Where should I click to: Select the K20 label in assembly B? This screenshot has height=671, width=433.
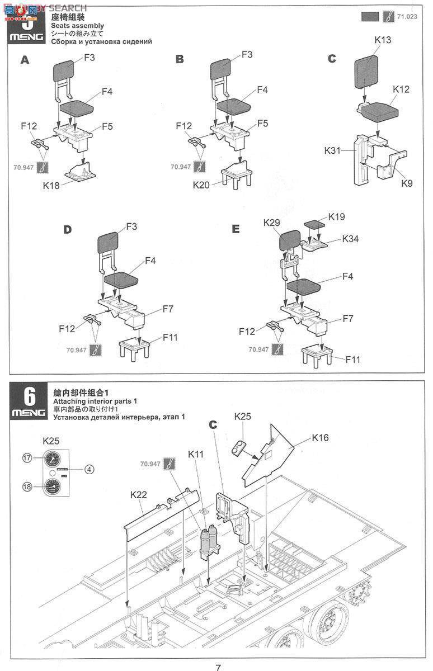(x=203, y=185)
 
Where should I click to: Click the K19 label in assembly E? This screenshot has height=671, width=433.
(x=337, y=216)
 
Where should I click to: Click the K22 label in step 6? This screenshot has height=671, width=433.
(x=138, y=494)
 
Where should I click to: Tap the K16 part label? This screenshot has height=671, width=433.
(x=321, y=437)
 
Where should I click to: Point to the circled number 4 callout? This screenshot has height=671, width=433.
(x=89, y=469)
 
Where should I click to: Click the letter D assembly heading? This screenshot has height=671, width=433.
(x=68, y=230)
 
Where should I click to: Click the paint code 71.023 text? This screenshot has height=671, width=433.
(x=408, y=17)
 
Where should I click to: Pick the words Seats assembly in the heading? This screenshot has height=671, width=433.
(x=77, y=26)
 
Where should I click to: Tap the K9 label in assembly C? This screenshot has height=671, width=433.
(x=407, y=183)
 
